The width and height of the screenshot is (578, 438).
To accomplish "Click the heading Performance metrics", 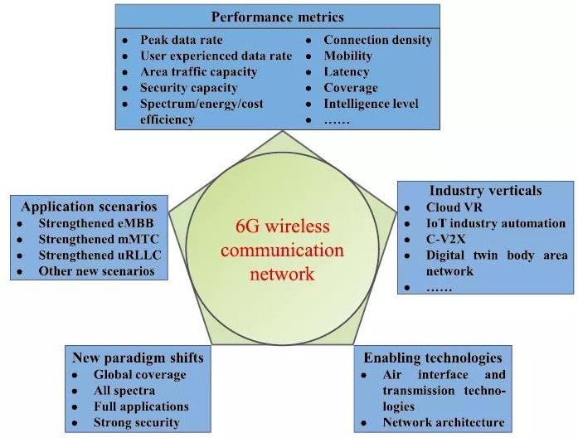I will pyautogui.click(x=277, y=17).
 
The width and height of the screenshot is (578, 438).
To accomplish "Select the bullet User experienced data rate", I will pyautogui.click(x=216, y=56).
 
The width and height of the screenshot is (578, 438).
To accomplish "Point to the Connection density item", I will pyautogui.click(x=377, y=40).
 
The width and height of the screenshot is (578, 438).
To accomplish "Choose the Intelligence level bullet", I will pyautogui.click(x=371, y=104).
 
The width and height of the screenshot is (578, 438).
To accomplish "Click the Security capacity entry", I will pyautogui.click(x=188, y=88).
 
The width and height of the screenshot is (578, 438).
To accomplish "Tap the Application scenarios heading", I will pyautogui.click(x=90, y=207).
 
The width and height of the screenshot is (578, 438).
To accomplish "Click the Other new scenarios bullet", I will pyautogui.click(x=96, y=271).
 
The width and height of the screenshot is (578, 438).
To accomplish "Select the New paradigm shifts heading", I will pyautogui.click(x=138, y=358).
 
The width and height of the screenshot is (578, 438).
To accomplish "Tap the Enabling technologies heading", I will pyautogui.click(x=432, y=358).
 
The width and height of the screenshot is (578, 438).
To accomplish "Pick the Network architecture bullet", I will pyautogui.click(x=444, y=422).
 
